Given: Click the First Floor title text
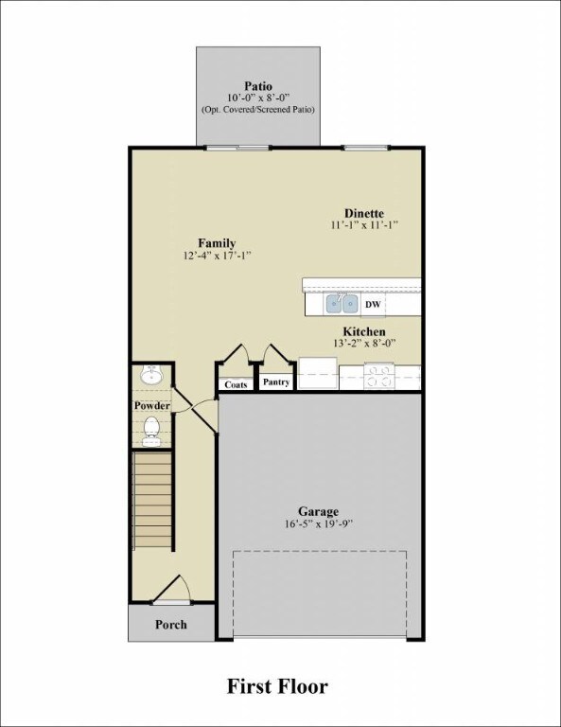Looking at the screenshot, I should click(277, 685).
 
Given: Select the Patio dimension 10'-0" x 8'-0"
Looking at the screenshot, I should click(257, 98).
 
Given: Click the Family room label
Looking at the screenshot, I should click(217, 242).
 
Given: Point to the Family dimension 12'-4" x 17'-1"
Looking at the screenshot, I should click(217, 256).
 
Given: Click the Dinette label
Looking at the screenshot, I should click(364, 213).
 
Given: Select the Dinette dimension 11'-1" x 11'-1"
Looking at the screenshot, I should click(364, 225).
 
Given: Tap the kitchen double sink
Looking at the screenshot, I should click(342, 304).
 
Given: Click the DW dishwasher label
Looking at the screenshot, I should click(373, 305).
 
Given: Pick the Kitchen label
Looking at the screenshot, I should click(364, 331).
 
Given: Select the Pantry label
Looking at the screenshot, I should click(275, 383).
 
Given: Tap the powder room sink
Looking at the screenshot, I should click(150, 376).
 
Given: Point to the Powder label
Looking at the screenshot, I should click(151, 405).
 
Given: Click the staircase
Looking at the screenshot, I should click(152, 502).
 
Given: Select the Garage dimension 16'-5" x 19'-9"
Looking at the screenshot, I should click(319, 523).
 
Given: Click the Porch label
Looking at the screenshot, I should click(171, 625).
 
